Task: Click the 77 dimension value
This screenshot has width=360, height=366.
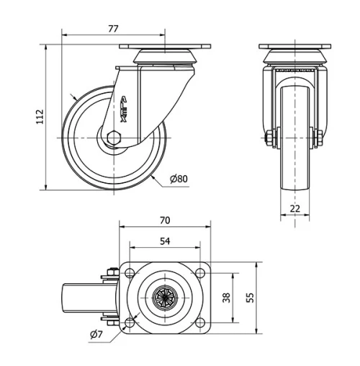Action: pyautogui.click(x=112, y=29)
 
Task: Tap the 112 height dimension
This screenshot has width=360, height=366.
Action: pyautogui.click(x=40, y=117)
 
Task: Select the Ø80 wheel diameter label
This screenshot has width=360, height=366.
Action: pyautogui.click(x=179, y=178)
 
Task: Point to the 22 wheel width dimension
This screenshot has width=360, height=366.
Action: pyautogui.click(x=294, y=208)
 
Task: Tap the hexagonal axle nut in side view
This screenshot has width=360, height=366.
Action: pyautogui.click(x=113, y=137)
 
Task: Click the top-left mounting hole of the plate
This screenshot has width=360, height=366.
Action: pyautogui.click(x=130, y=272)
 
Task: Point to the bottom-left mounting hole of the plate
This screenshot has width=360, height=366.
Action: pyautogui.click(x=130, y=321)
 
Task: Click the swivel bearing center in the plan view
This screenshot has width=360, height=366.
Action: pyautogui.click(x=165, y=297)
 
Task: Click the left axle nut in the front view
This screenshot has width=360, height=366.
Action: pyautogui.click(x=270, y=137)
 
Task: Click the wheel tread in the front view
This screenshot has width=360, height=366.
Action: pyautogui.click(x=294, y=166)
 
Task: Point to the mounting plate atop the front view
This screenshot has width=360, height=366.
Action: pyautogui.click(x=294, y=48)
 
